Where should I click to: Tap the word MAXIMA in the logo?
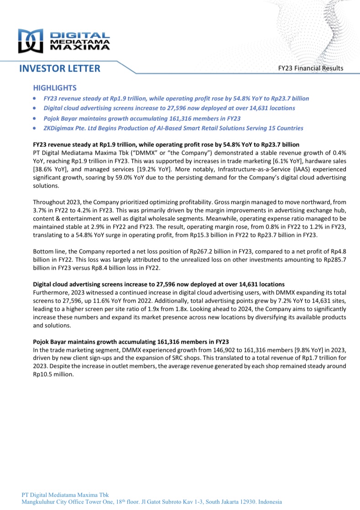(79, 47)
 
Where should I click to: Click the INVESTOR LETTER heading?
(60, 68)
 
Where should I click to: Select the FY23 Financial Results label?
(311, 68)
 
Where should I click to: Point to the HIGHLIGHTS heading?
(55, 88)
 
